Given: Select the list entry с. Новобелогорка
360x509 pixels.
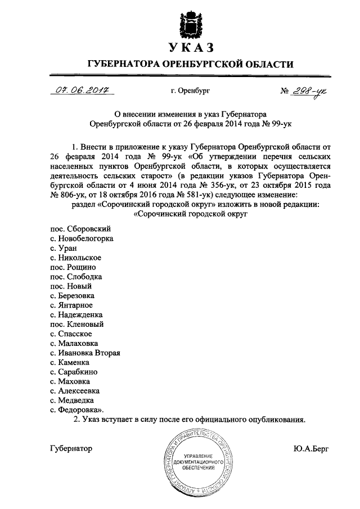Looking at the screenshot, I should (x=82, y=238).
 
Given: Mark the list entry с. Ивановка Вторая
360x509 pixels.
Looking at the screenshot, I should (x=85, y=353).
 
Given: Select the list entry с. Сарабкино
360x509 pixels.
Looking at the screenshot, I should (x=74, y=372).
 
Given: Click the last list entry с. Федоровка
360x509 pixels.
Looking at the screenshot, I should (x=77, y=411).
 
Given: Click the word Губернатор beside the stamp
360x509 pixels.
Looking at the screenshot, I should (x=71, y=449).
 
